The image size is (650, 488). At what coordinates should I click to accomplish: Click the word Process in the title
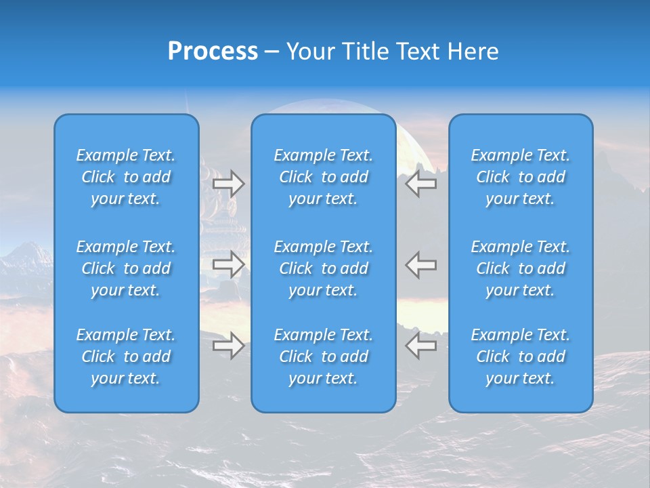[x=213, y=52]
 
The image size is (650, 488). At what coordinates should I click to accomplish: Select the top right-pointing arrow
[x=229, y=184]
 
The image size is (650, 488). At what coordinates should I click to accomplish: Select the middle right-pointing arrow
[x=229, y=264]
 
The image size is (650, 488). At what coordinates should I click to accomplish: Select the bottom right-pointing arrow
[x=229, y=346]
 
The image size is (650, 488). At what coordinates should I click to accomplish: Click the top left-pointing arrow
[x=420, y=184]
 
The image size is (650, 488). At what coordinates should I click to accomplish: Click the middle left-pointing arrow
[x=420, y=264]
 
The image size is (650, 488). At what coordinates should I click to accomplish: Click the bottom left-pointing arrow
[x=420, y=346]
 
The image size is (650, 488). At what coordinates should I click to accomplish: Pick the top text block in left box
[x=126, y=177]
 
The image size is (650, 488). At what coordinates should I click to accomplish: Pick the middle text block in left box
[x=126, y=268]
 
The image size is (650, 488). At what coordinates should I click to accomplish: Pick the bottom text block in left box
[x=126, y=357]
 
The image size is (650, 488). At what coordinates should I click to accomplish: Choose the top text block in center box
[x=324, y=177]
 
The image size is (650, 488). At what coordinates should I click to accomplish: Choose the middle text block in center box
[x=324, y=268]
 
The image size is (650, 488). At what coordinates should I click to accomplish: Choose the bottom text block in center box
[x=324, y=357]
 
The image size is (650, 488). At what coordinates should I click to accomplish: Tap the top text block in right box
[x=521, y=177]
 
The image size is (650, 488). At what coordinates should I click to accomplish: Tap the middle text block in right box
[x=521, y=268]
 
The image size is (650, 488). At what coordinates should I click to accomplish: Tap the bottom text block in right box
[x=521, y=357]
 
